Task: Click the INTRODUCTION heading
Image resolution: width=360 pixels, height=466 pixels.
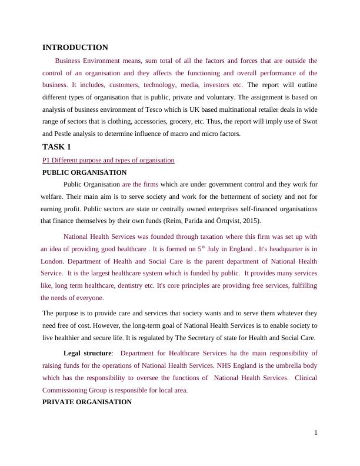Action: (75, 48)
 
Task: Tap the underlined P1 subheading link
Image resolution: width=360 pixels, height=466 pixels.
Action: (108, 160)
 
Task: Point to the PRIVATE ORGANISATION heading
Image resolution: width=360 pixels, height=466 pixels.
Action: (87, 402)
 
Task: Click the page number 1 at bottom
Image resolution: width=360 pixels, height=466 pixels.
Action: (315, 433)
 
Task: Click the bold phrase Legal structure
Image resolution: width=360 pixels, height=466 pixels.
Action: (87, 353)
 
